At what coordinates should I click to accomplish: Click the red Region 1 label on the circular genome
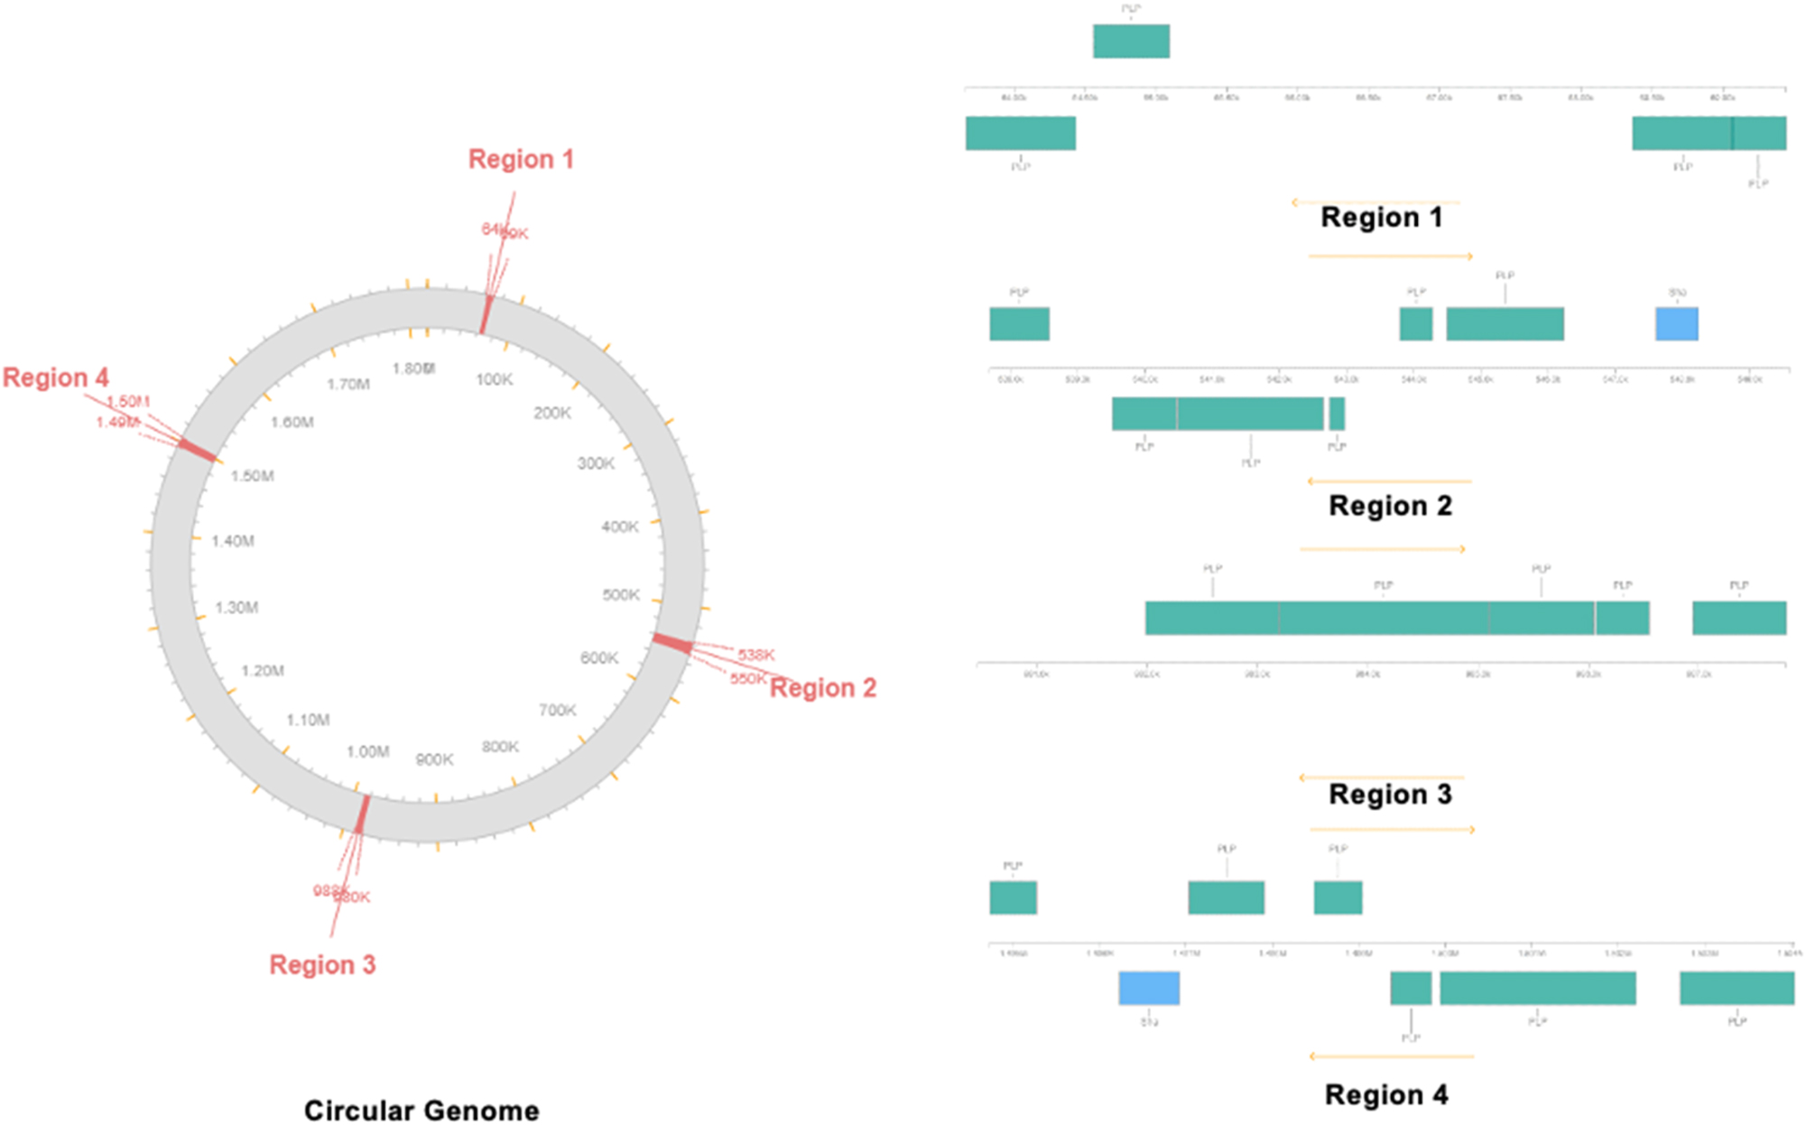[x=521, y=159]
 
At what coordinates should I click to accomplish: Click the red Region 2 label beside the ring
[x=822, y=688]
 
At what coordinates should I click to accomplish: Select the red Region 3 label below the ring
[x=322, y=964]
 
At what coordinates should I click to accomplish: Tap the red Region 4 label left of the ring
[x=55, y=377]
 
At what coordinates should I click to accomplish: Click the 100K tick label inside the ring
[x=494, y=379]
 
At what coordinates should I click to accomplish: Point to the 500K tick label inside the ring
[x=621, y=595]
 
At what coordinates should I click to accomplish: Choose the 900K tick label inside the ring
[x=434, y=759]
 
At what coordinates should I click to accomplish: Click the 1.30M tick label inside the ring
[x=236, y=608]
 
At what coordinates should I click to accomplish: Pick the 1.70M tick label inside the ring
[x=347, y=384]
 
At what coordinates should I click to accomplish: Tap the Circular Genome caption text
[x=421, y=1110]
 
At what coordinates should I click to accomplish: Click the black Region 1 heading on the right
[x=1381, y=218]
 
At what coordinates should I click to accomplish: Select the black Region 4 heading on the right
[x=1386, y=1095]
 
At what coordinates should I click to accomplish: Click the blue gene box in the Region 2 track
[x=1676, y=324]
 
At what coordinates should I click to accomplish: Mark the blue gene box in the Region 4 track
[x=1149, y=988]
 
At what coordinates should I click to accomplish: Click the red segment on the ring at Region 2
[x=672, y=643]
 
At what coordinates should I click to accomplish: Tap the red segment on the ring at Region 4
[x=197, y=450]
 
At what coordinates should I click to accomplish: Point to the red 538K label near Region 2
[x=755, y=655]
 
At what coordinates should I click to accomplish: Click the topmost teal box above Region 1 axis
[x=1131, y=42]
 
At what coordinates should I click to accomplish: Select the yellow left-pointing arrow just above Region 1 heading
[x=1375, y=202]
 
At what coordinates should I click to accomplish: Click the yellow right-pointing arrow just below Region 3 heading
[x=1392, y=829]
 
